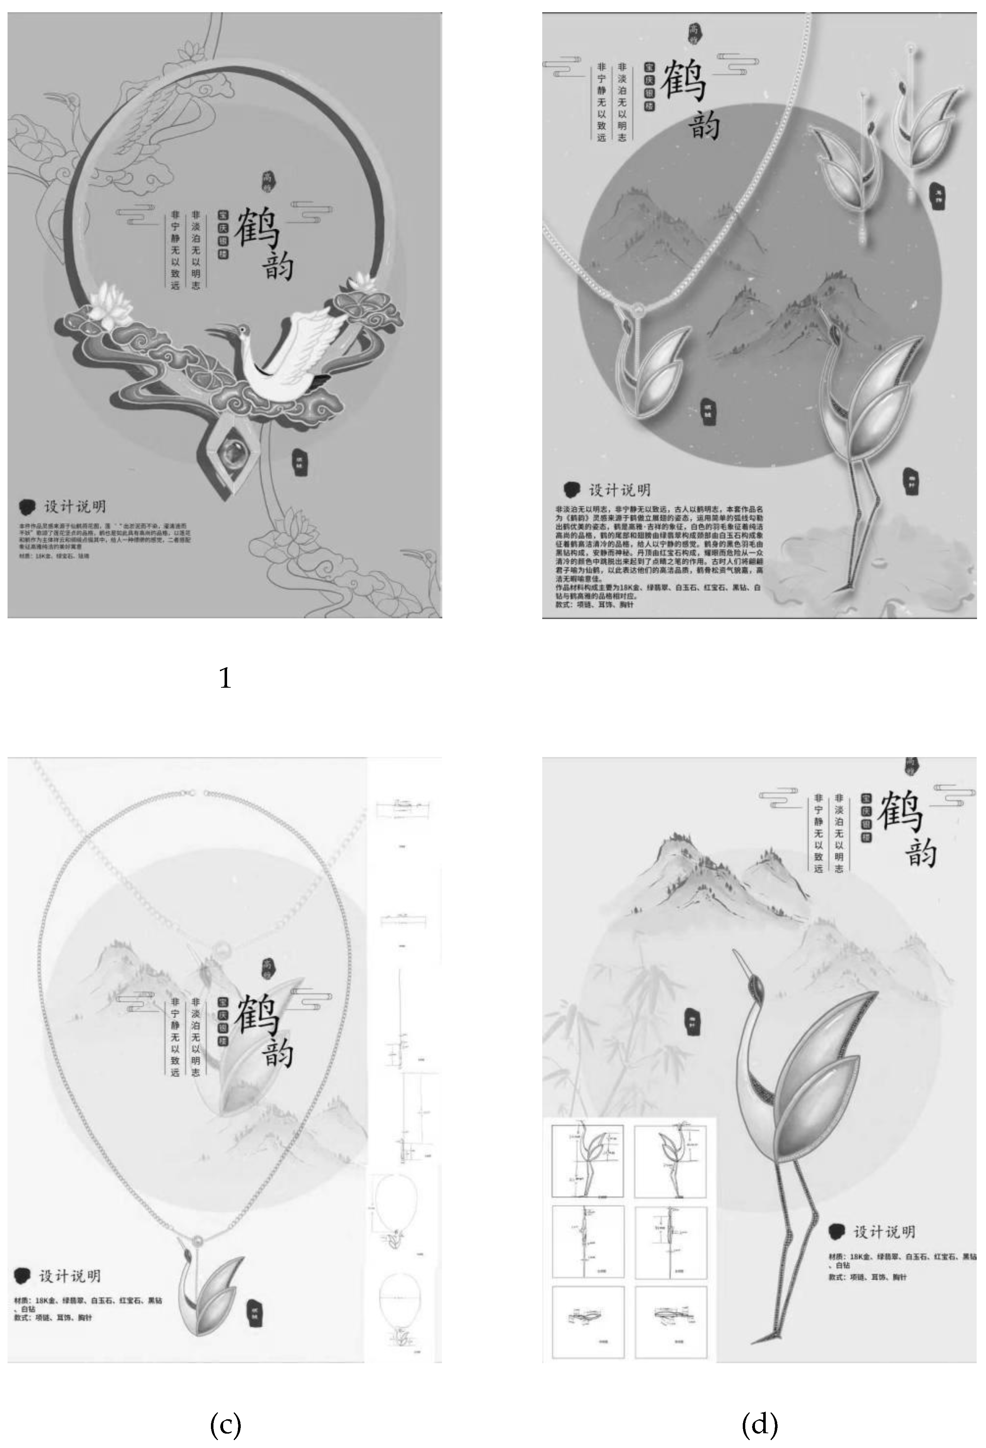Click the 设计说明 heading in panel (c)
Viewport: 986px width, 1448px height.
(70, 1276)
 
